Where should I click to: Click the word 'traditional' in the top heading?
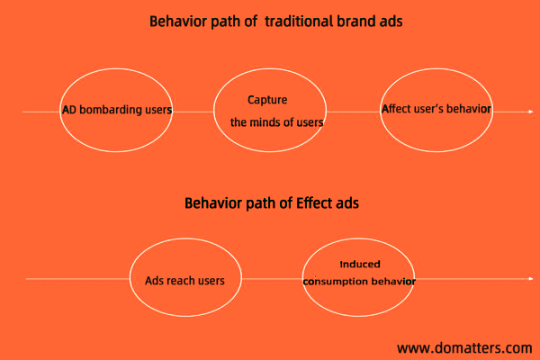pos(299,22)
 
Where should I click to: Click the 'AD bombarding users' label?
pos(117,110)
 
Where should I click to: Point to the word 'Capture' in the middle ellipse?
pos(267,100)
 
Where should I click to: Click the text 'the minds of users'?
pos(277,122)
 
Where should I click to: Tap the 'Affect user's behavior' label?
pos(436,109)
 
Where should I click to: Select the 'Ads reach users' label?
pos(184,281)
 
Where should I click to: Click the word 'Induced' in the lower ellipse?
pos(360,265)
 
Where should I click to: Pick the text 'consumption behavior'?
pos(359,282)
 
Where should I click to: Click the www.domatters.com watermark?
pos(464,348)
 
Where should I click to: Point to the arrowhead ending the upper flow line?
pos(531,112)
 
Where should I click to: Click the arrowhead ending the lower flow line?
pos(531,278)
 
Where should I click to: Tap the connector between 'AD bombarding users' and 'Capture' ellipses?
pos(193,112)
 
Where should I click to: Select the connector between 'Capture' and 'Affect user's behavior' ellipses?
pos(353,112)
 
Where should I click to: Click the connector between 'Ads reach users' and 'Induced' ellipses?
pos(272,278)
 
